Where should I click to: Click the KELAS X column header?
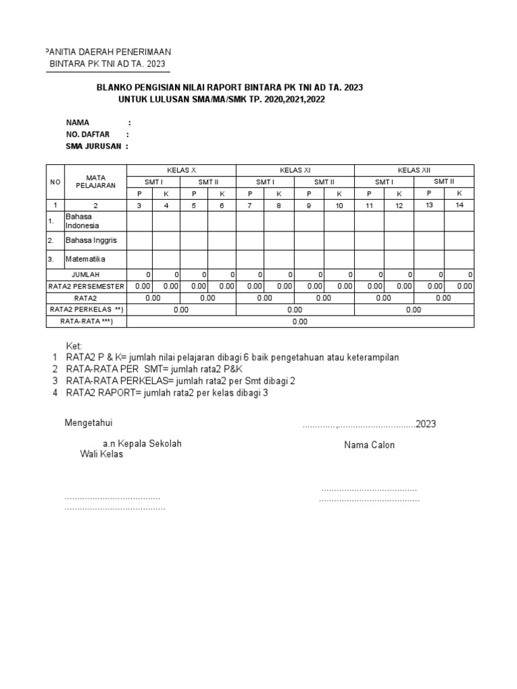[x=181, y=170]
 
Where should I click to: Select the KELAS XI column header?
[x=294, y=170]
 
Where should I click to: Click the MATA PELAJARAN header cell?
[x=96, y=181]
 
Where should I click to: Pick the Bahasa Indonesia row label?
[x=82, y=221]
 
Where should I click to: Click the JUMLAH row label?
[x=86, y=275]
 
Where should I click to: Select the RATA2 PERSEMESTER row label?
[x=86, y=286]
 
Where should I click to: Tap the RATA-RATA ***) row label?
[x=86, y=322]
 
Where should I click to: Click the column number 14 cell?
[x=459, y=205]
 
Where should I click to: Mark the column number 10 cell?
[x=339, y=205]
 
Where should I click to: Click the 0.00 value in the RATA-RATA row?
[x=300, y=322]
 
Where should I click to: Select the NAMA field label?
[x=77, y=122]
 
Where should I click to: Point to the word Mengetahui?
[x=88, y=423]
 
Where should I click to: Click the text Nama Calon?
[x=370, y=445]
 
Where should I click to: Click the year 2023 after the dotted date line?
[x=426, y=424]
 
